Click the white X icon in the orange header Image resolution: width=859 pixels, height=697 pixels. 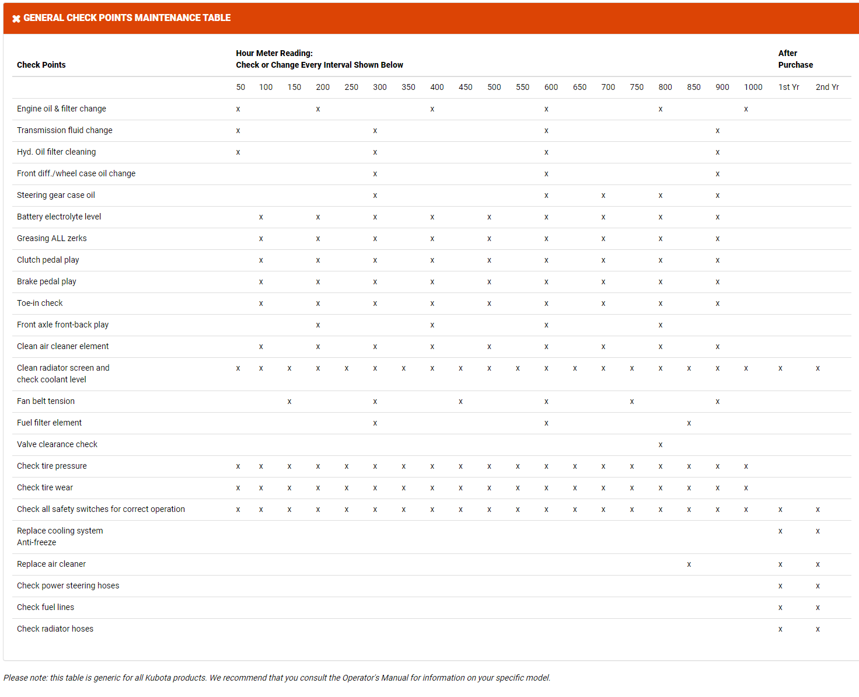coord(16,19)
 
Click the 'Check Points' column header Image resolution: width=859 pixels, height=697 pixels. coord(41,65)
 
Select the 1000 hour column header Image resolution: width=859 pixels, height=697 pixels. coord(753,87)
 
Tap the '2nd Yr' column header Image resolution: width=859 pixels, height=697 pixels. coord(827,87)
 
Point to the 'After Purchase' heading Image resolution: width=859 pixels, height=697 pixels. coord(795,59)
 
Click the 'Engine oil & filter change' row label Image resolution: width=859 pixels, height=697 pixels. coord(61,109)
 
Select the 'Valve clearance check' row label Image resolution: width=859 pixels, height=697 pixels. coord(57,444)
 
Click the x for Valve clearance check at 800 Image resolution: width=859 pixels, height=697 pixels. coord(661,445)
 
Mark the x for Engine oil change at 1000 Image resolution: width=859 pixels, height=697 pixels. coord(746,109)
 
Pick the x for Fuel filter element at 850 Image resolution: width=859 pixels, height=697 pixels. coord(689,423)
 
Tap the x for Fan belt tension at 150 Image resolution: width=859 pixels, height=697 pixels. coord(289,402)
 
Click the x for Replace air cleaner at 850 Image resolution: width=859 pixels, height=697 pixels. coord(689,564)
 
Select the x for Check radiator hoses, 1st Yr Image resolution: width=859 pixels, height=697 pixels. coord(780,629)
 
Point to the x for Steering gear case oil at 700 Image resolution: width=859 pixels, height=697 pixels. coord(603,196)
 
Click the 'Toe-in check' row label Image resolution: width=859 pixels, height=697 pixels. coord(40,303)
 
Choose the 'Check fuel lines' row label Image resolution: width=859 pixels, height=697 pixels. coord(46,607)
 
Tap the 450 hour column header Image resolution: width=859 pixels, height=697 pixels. coord(465,87)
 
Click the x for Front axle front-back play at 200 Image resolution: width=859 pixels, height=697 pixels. coord(318,325)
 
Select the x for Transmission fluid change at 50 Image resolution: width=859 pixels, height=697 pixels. coord(238,131)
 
